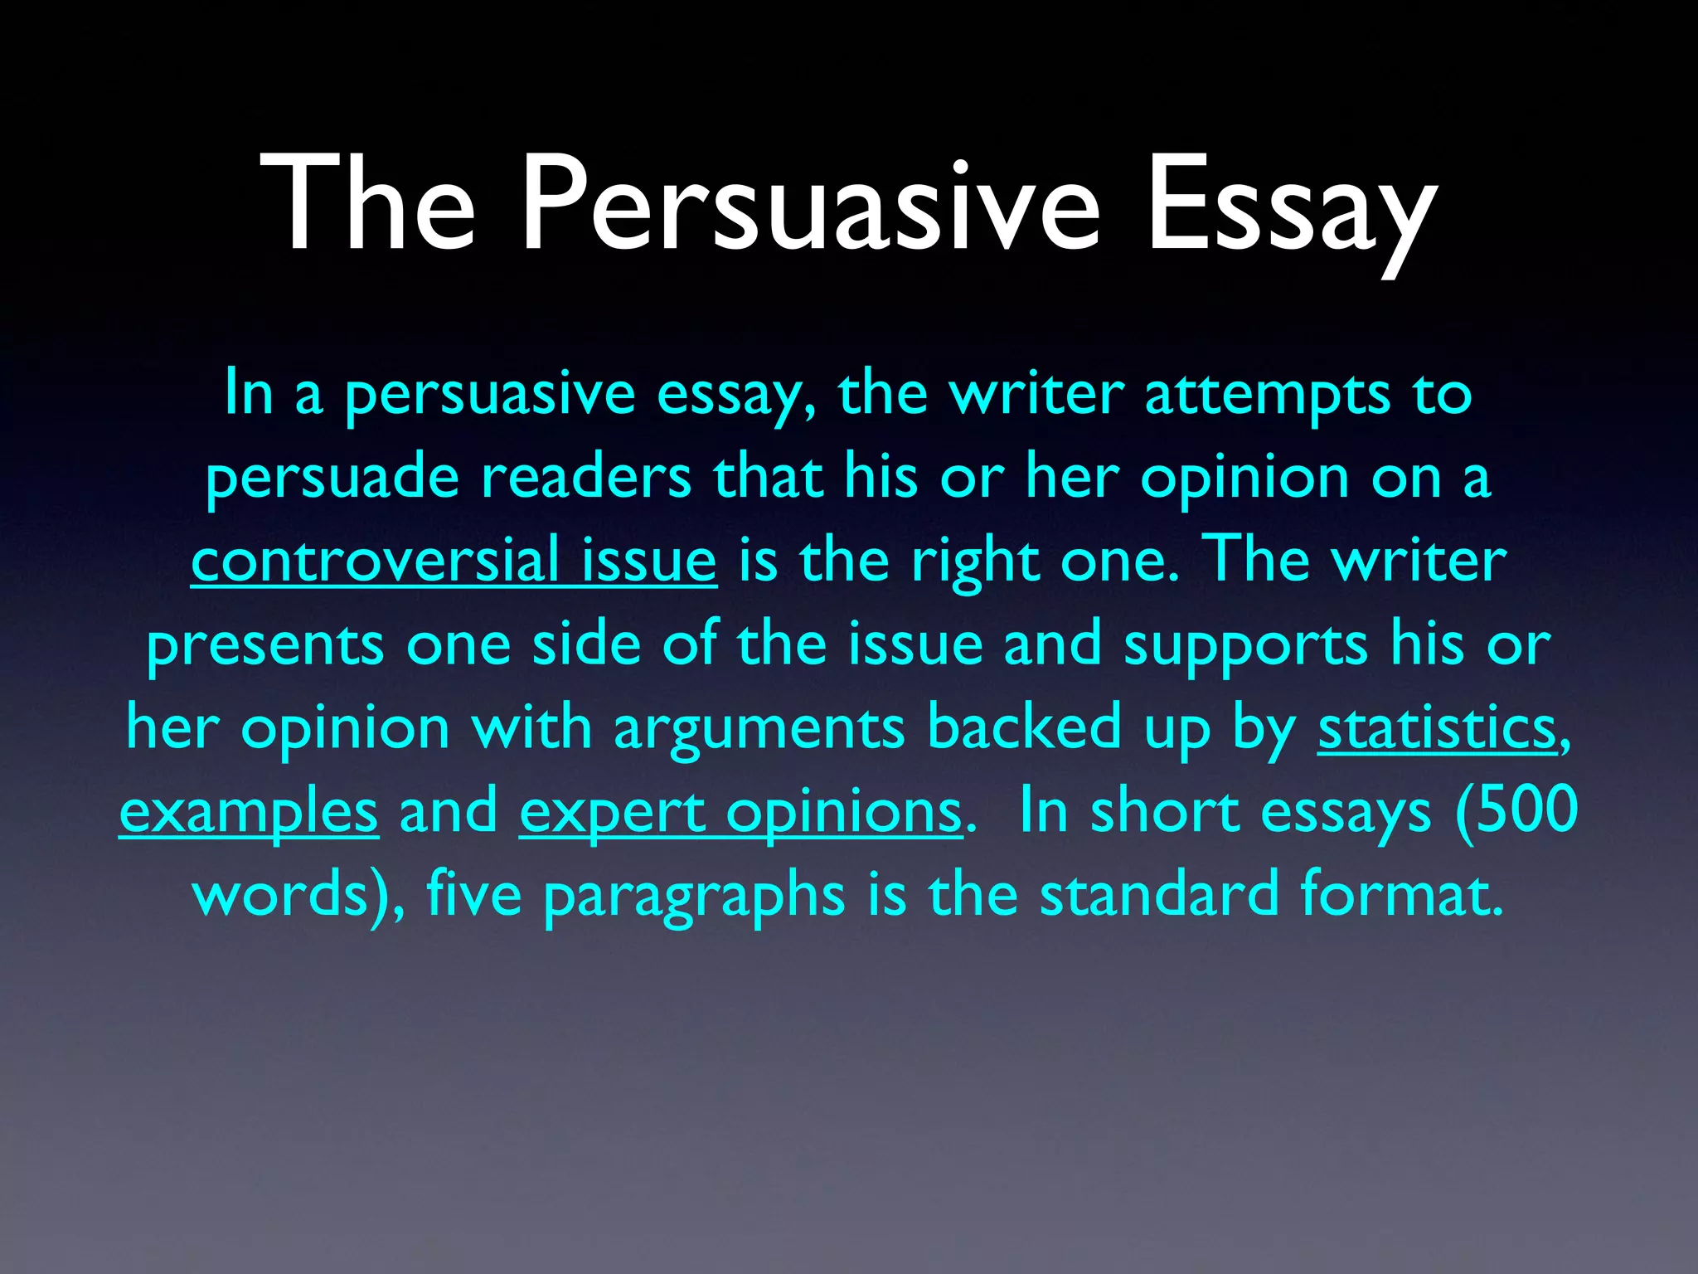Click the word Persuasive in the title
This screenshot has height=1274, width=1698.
point(810,204)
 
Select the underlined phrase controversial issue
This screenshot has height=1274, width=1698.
point(454,561)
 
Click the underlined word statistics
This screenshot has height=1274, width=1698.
point(1438,727)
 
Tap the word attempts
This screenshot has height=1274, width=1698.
point(1267,394)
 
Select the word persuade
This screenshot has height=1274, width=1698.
point(332,479)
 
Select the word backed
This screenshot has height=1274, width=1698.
point(1024,727)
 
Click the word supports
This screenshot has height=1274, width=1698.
point(1244,645)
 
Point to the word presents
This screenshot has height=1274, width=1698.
point(265,645)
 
